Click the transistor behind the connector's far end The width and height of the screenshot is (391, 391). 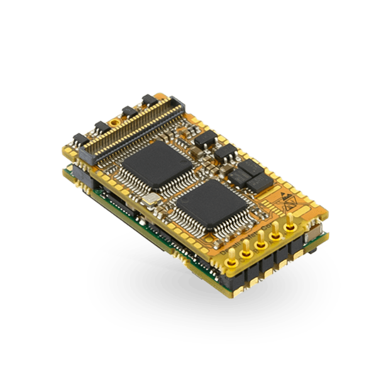click(147, 100)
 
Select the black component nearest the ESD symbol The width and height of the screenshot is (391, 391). click(258, 182)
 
